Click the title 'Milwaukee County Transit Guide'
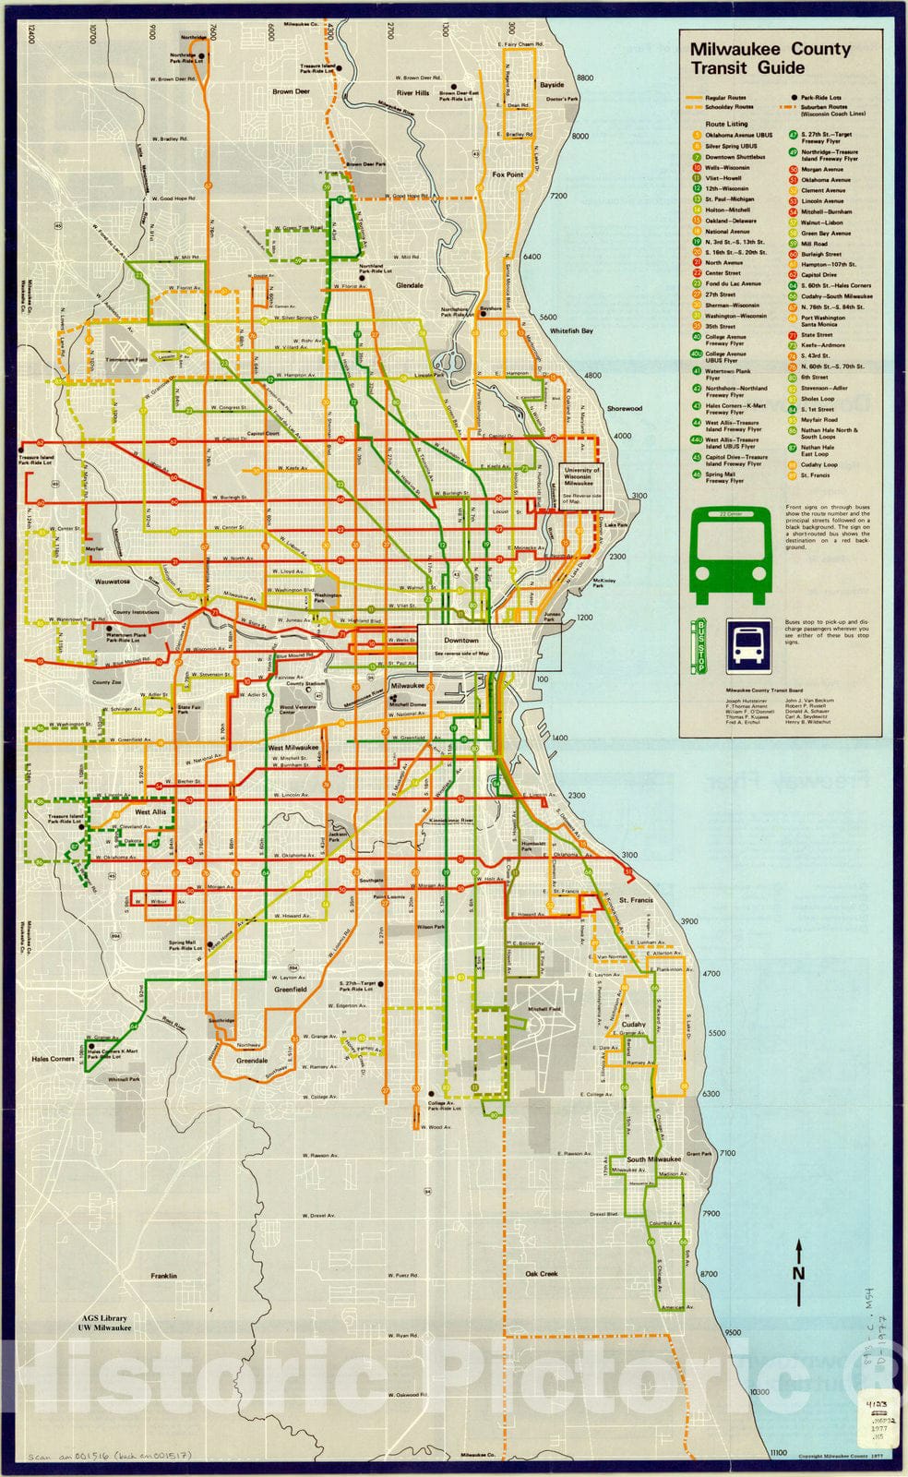point(770,57)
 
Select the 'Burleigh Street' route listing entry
point(820,254)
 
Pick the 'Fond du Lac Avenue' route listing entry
point(733,283)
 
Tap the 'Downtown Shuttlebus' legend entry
point(735,157)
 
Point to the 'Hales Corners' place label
point(53,1059)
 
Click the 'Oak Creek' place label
point(542,1273)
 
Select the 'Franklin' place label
point(163,1275)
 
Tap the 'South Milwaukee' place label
point(653,1159)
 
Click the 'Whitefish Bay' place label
point(571,330)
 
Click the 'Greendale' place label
point(252,1061)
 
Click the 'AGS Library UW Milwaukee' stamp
point(103,1323)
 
